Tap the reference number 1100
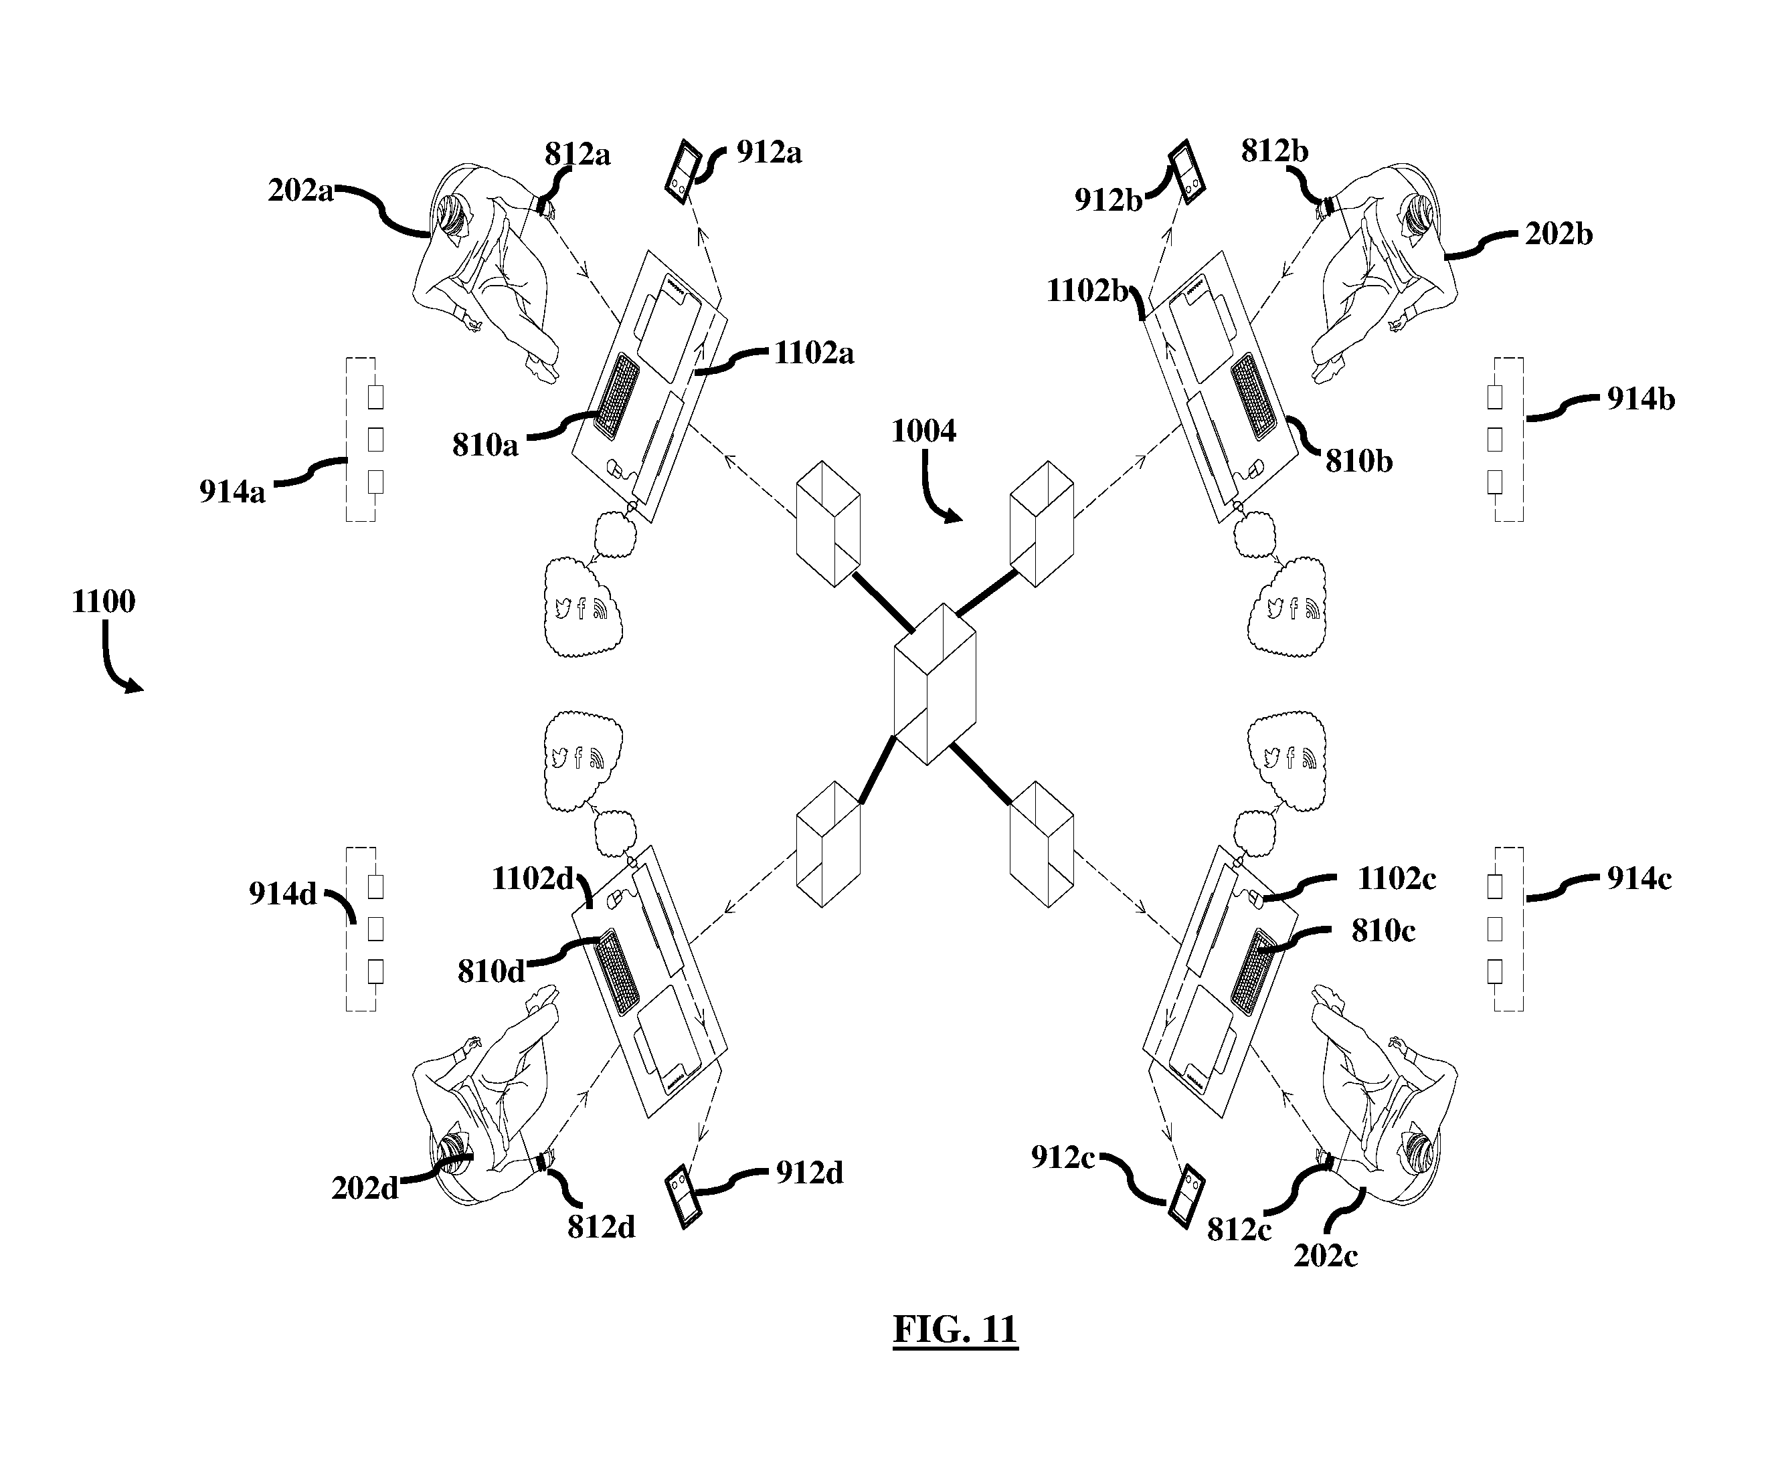(x=103, y=601)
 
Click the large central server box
(x=935, y=684)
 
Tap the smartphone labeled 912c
(x=1186, y=1196)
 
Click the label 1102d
(x=533, y=878)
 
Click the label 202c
(x=1326, y=1256)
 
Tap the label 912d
(x=809, y=1172)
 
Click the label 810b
(x=1358, y=461)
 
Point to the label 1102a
(x=814, y=353)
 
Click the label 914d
(x=282, y=894)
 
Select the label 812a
(x=578, y=155)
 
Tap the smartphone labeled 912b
(x=1186, y=172)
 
